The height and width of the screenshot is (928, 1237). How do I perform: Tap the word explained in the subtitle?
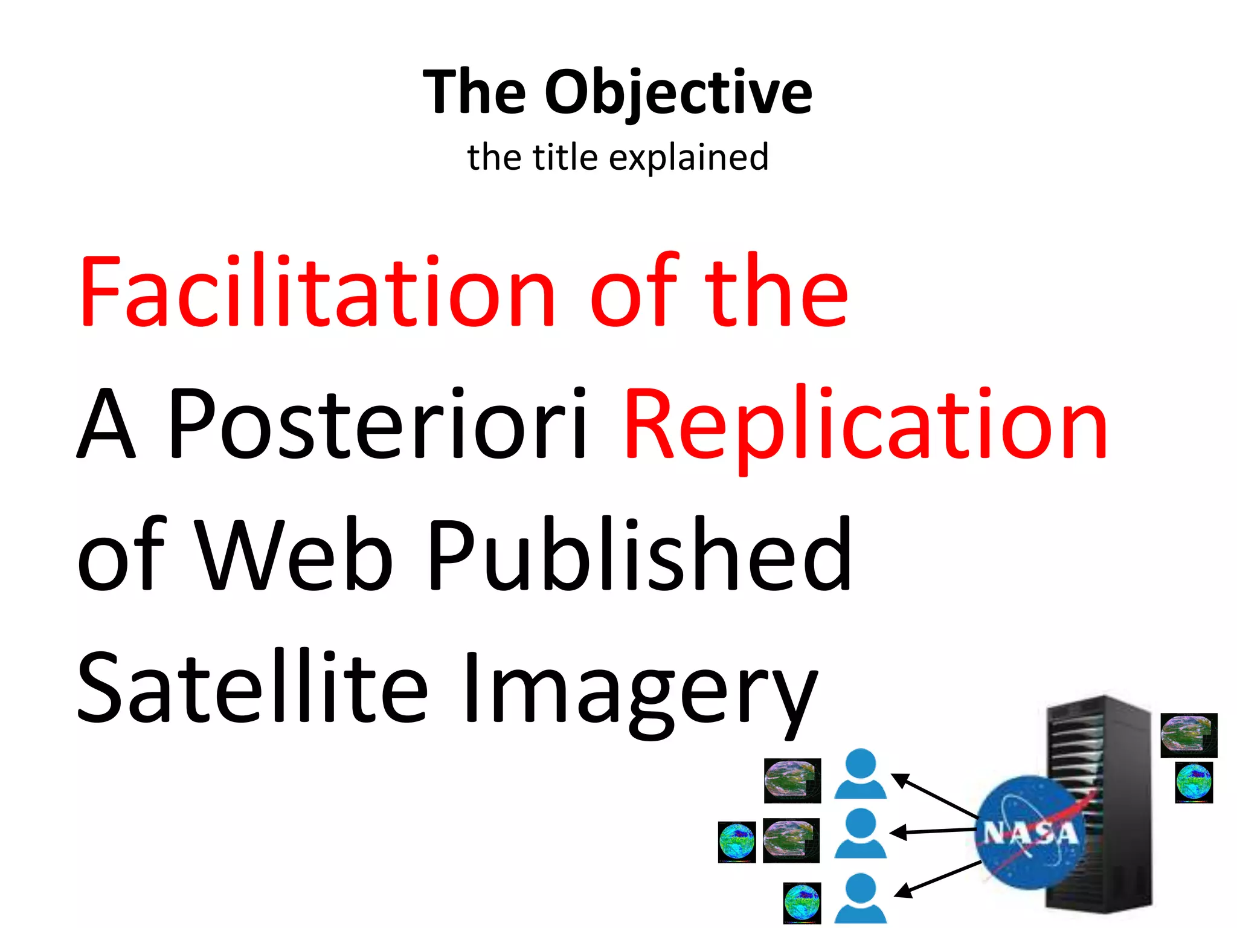689,158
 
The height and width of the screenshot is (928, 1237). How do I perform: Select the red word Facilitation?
316,292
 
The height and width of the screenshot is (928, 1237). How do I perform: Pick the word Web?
296,556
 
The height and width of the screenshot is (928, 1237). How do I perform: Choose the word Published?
640,556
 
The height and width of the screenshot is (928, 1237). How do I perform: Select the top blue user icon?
860,775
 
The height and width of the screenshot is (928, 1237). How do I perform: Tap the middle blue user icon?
860,834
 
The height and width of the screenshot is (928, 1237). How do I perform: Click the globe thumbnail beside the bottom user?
802,903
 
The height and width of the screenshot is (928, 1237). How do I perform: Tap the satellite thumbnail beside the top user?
792,781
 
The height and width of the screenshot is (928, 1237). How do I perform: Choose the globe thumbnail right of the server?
1194,782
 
